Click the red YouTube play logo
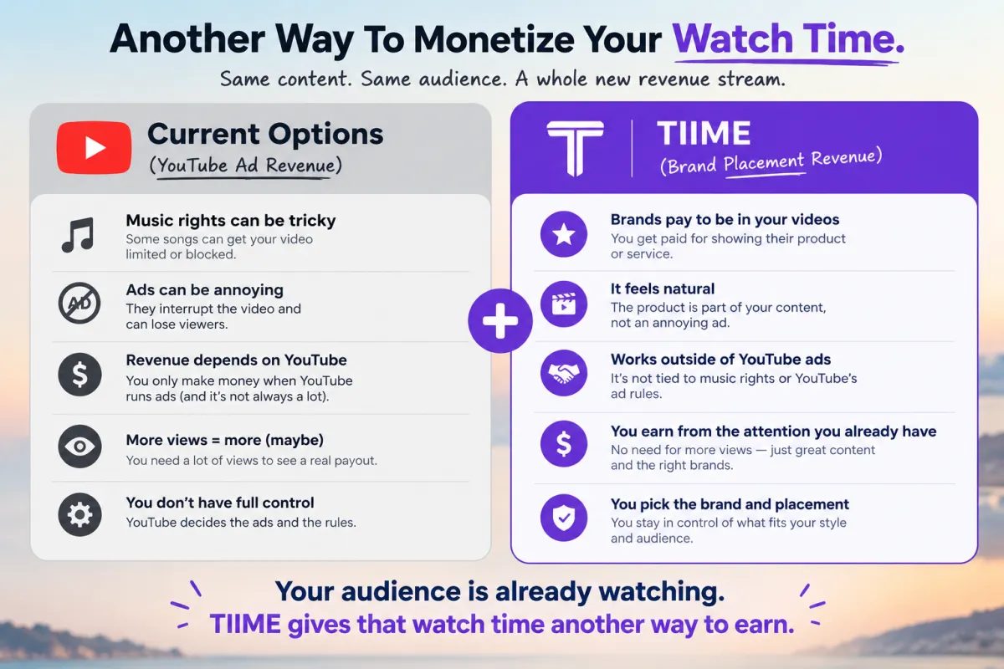point(94,147)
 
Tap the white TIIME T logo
point(575,148)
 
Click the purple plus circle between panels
point(500,320)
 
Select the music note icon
point(79,235)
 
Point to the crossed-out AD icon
point(79,303)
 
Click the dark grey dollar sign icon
point(79,374)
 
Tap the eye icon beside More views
point(79,447)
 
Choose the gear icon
point(79,515)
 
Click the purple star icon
point(564,234)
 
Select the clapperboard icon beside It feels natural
point(564,304)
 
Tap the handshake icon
point(564,373)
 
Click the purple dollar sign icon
point(564,443)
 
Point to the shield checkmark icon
point(564,518)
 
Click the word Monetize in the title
point(494,39)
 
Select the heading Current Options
point(265,134)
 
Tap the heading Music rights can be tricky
point(231,221)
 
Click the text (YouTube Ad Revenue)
point(246,166)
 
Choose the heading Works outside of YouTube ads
point(720,360)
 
